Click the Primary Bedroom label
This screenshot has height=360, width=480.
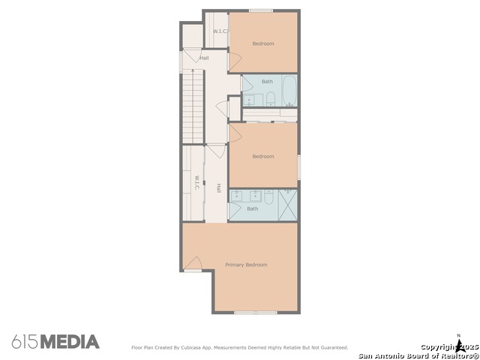pyautogui.click(x=246, y=265)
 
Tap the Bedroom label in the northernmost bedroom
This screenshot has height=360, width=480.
pyautogui.click(x=263, y=43)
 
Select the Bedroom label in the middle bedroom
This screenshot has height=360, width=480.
pyautogui.click(x=263, y=157)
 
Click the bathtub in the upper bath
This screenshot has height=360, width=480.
pyautogui.click(x=289, y=91)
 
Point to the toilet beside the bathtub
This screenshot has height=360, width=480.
pyautogui.click(x=271, y=98)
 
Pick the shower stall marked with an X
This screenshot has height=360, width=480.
pyautogui.click(x=288, y=205)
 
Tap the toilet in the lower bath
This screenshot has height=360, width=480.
pyautogui.click(x=268, y=196)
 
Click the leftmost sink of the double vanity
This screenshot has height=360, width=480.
pyautogui.click(x=236, y=195)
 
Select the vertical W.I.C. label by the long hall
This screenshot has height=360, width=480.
pyautogui.click(x=196, y=183)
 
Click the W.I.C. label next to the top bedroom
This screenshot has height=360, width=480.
pyautogui.click(x=220, y=31)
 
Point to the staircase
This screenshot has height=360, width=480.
pyautogui.click(x=193, y=106)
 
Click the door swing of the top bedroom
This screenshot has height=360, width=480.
pyautogui.click(x=235, y=61)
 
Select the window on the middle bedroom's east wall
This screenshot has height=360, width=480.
pyautogui.click(x=299, y=167)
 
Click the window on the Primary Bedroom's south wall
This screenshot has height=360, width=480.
pyautogui.click(x=256, y=313)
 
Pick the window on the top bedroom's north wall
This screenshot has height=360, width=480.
pyautogui.click(x=261, y=10)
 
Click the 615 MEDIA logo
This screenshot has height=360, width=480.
pyautogui.click(x=55, y=342)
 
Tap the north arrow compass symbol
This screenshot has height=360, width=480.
pyautogui.click(x=459, y=343)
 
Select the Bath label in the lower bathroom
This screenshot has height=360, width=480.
pyautogui.click(x=253, y=208)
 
